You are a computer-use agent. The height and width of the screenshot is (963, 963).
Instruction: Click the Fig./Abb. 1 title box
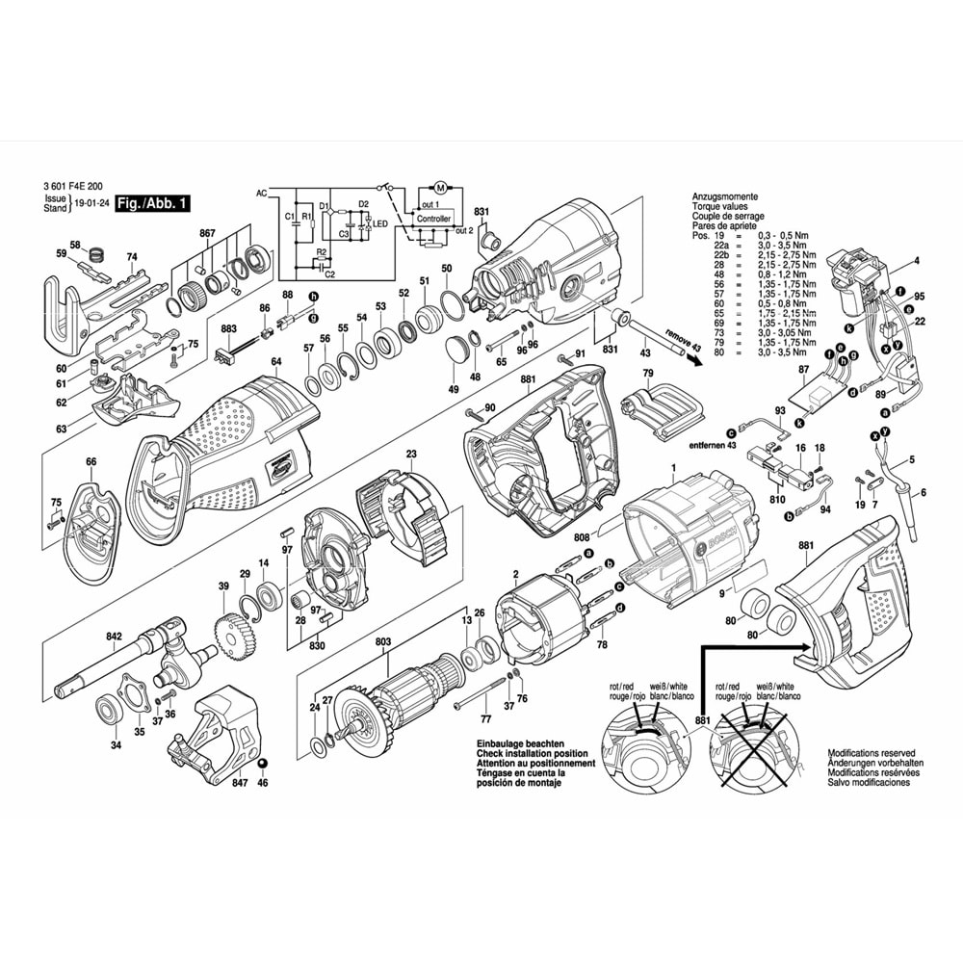coord(152,203)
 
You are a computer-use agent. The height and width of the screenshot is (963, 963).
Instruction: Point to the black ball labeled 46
coord(262,765)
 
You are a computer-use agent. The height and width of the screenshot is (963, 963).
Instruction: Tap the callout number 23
coord(411,454)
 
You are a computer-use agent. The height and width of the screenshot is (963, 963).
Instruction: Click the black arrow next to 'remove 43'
coord(688,352)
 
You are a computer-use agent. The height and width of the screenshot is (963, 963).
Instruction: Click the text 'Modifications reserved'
coord(871,753)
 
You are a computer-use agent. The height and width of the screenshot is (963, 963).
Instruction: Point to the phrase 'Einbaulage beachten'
coord(518,744)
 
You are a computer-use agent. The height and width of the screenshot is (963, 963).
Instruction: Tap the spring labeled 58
coord(95,254)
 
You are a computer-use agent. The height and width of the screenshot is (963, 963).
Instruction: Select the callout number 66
coord(91,461)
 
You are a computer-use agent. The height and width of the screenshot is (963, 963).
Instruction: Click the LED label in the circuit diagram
coord(381,224)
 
